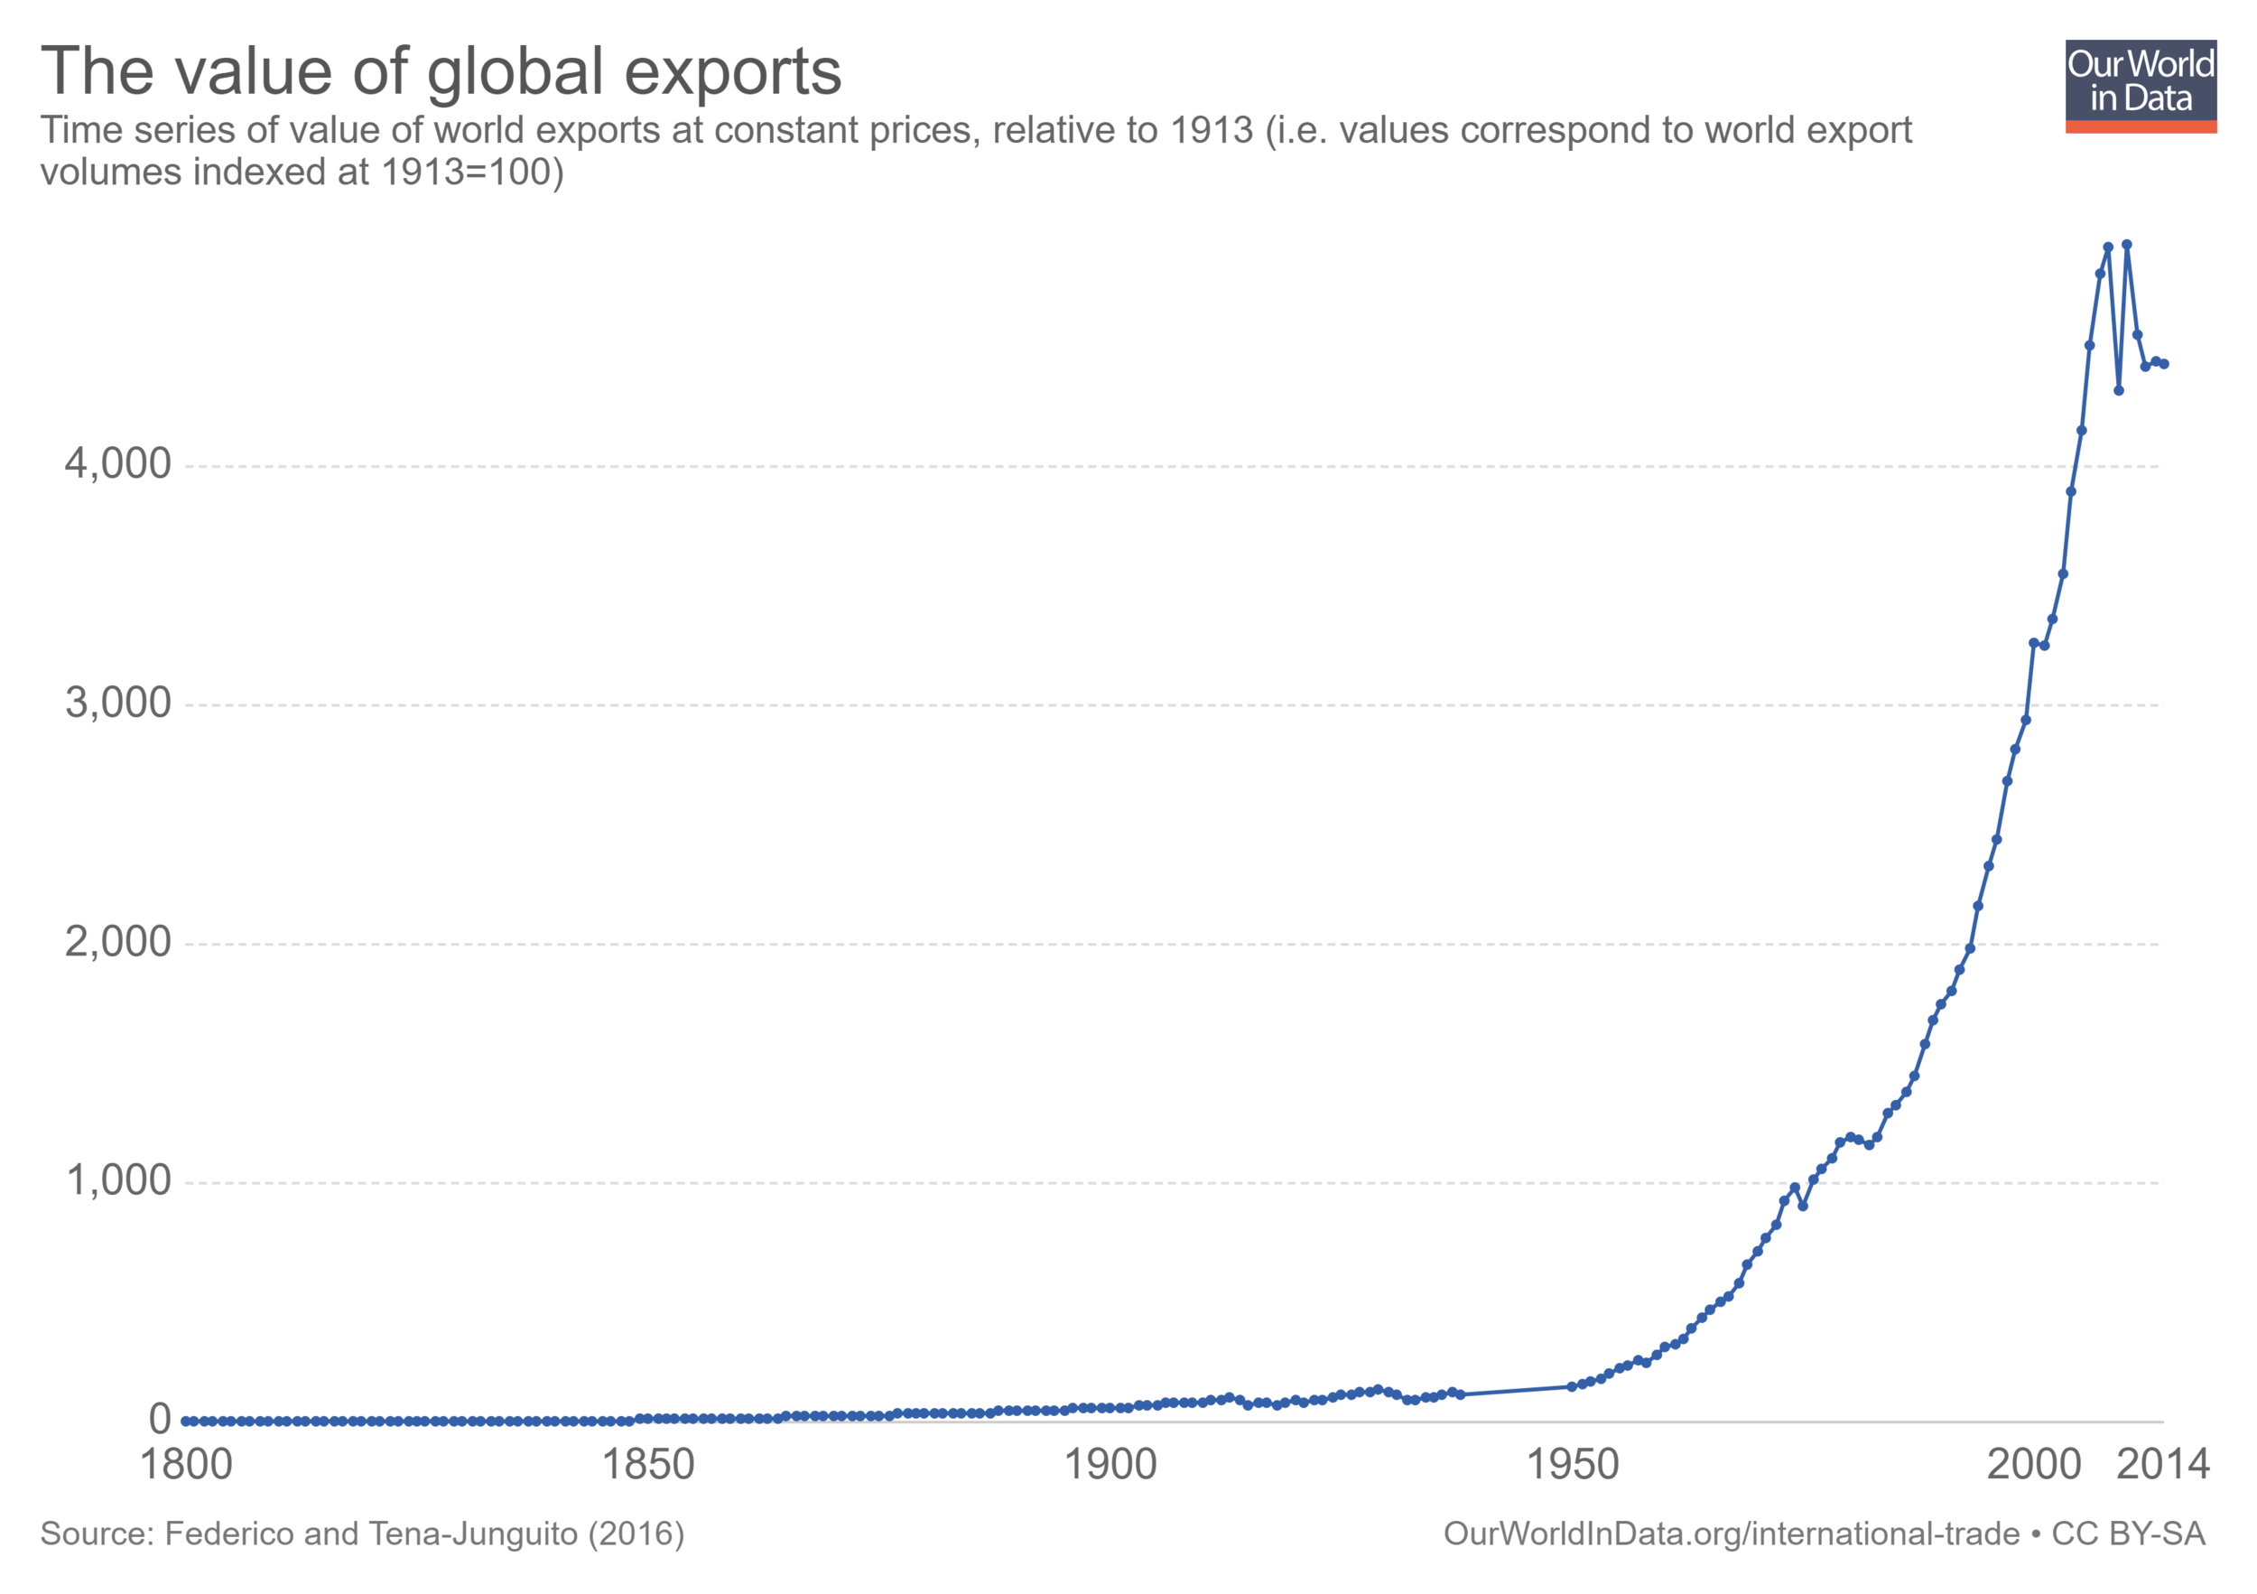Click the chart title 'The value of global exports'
pyautogui.click(x=441, y=71)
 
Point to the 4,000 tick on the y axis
pyautogui.click(x=118, y=464)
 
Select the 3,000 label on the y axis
pyautogui.click(x=118, y=704)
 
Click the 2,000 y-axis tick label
pyautogui.click(x=118, y=942)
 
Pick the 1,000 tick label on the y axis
pyautogui.click(x=118, y=1181)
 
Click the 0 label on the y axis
pyautogui.click(x=159, y=1419)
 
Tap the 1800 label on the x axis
pyautogui.click(x=186, y=1465)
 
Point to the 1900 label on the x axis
pyautogui.click(x=1110, y=1465)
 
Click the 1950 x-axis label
pyautogui.click(x=1572, y=1465)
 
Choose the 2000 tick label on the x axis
pyautogui.click(x=2034, y=1465)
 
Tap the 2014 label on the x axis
pyautogui.click(x=2162, y=1465)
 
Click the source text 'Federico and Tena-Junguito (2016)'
pyautogui.click(x=423, y=1534)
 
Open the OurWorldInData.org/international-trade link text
pyautogui.click(x=1731, y=1534)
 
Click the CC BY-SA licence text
pyautogui.click(x=2128, y=1534)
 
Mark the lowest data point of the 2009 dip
pyautogui.click(x=2118, y=390)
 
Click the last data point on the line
pyautogui.click(x=2164, y=364)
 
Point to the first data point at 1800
pyautogui.click(x=186, y=1421)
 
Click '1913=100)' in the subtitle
pyautogui.click(x=472, y=172)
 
